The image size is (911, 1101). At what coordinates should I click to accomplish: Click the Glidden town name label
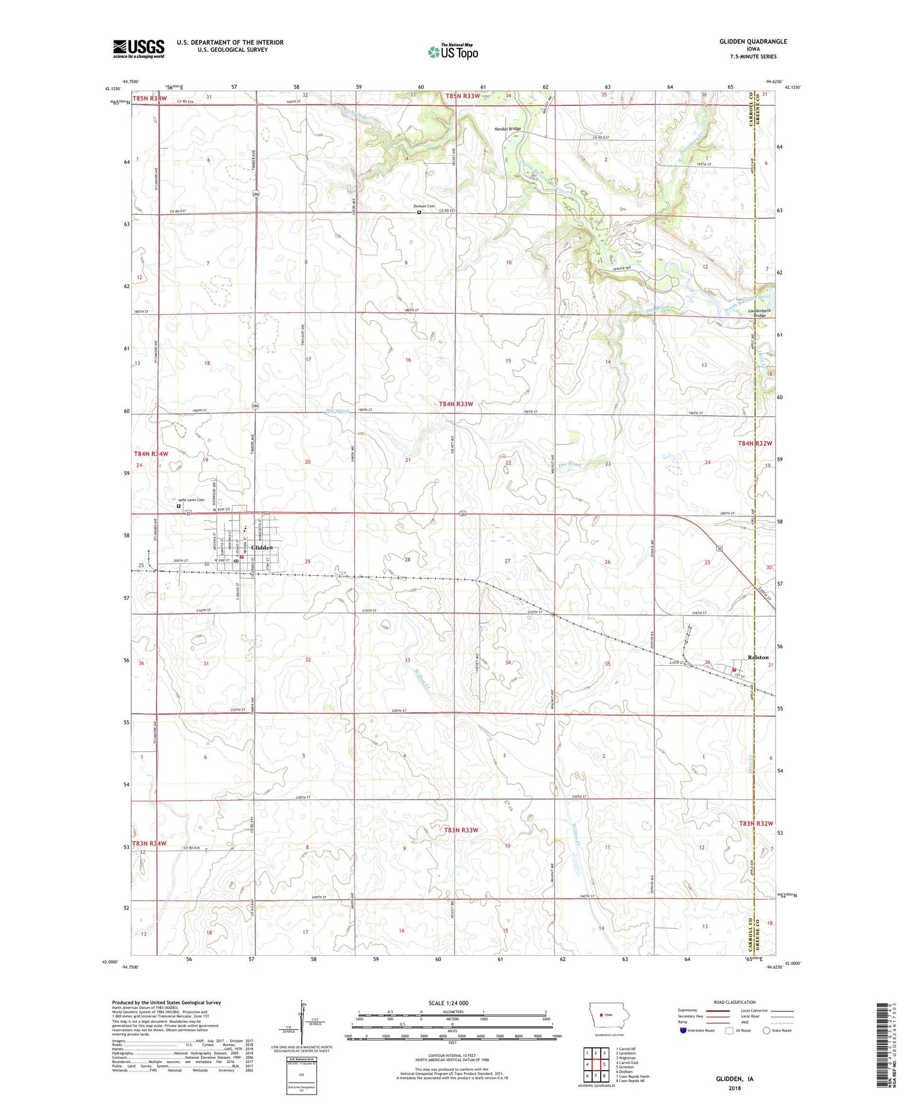click(262, 547)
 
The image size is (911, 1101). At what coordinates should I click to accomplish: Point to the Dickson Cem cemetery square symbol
click(419, 213)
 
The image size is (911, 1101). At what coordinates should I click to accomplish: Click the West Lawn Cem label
click(191, 500)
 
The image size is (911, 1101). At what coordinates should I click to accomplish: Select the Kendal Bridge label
click(508, 129)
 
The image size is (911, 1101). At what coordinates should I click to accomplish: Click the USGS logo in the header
click(138, 49)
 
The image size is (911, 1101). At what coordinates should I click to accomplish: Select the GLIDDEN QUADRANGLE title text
click(753, 42)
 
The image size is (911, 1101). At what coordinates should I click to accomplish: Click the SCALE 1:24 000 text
click(448, 1003)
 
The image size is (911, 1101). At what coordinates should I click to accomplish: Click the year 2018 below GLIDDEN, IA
click(735, 1088)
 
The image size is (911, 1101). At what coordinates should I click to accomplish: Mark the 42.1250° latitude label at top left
click(112, 89)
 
